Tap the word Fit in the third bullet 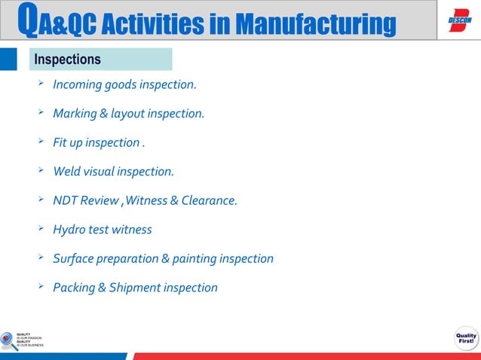(x=60, y=142)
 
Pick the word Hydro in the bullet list (x=69, y=229)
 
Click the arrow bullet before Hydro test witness (x=41, y=227)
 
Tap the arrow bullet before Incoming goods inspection (x=41, y=83)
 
